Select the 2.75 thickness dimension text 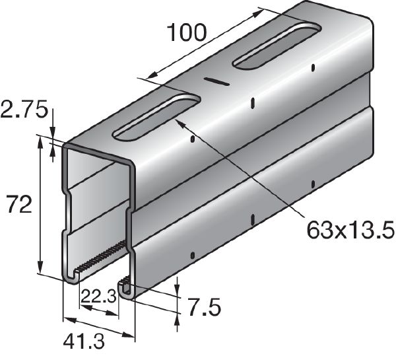click(24, 108)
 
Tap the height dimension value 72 click(18, 205)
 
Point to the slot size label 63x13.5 click(350, 230)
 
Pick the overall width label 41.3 click(85, 342)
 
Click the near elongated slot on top click(157, 118)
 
